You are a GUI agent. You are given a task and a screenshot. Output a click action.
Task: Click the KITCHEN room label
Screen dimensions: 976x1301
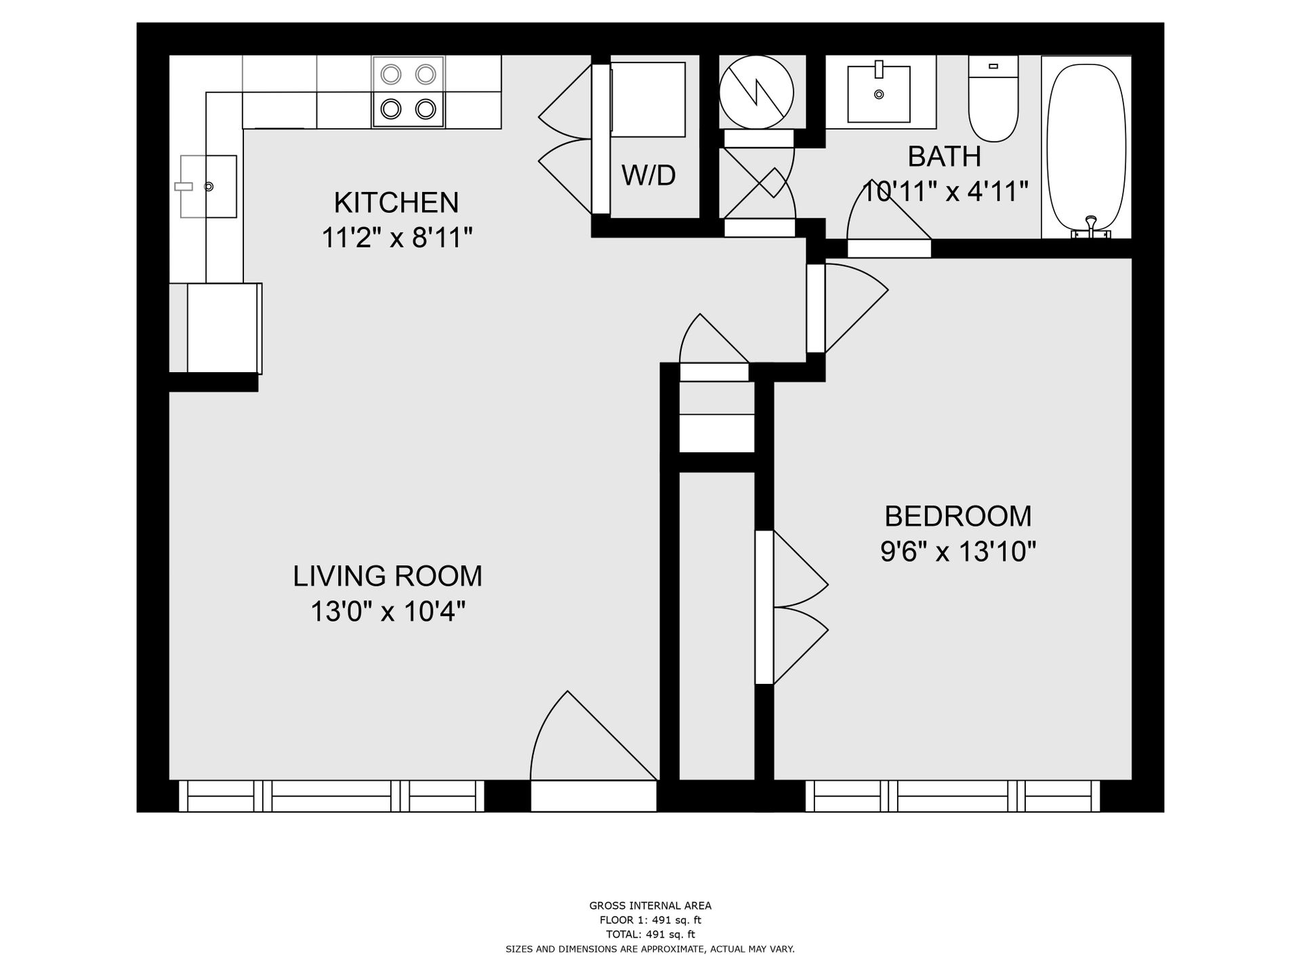tap(396, 203)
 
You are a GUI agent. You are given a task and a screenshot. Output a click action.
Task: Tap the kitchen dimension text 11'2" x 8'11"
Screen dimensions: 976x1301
tap(396, 238)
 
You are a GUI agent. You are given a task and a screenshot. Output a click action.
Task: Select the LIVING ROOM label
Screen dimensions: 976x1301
tap(388, 576)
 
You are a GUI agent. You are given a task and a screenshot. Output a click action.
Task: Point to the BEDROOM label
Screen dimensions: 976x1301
tap(957, 516)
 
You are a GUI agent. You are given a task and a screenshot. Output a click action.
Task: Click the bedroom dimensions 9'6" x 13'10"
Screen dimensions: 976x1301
tap(957, 552)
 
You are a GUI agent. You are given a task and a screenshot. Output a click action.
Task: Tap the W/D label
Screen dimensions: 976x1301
tap(648, 176)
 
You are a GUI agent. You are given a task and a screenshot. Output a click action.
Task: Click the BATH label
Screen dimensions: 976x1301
tap(944, 157)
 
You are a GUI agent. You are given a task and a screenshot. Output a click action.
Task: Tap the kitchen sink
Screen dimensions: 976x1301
tap(209, 186)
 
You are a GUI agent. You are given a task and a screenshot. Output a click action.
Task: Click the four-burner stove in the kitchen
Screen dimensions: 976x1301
tap(408, 91)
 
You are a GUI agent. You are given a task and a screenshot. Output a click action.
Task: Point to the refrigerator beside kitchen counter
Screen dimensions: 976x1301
tap(224, 328)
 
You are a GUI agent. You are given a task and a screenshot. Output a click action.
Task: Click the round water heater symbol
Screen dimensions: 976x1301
tap(756, 92)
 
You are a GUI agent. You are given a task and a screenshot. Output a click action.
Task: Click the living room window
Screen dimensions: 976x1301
tap(331, 796)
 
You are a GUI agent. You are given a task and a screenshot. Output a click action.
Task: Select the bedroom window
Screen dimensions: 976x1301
tap(952, 796)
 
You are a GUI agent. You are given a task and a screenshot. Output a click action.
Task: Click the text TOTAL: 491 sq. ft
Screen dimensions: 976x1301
tap(650, 935)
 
